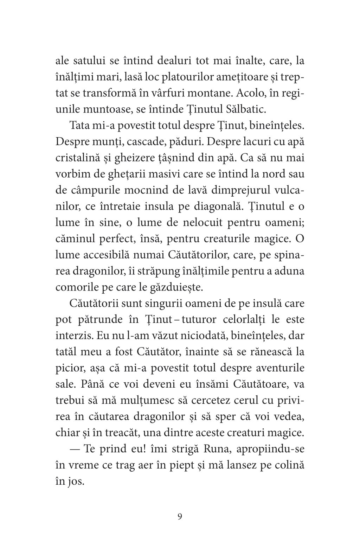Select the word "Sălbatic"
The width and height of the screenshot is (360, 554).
(248, 109)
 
